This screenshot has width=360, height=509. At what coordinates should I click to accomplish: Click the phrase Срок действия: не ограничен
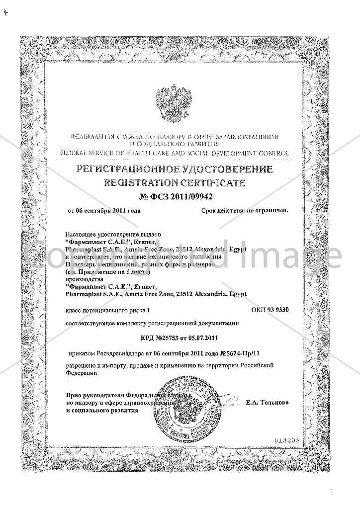tap(245, 210)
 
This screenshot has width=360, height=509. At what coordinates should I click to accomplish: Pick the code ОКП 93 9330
tap(270, 310)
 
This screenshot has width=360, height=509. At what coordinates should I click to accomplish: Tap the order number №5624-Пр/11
tap(238, 353)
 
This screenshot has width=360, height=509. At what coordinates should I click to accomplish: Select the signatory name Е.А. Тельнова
tap(267, 403)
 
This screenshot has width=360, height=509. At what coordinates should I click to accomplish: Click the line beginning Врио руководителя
tap(110, 395)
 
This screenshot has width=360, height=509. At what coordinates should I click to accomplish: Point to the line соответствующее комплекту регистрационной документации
tap(152, 324)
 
